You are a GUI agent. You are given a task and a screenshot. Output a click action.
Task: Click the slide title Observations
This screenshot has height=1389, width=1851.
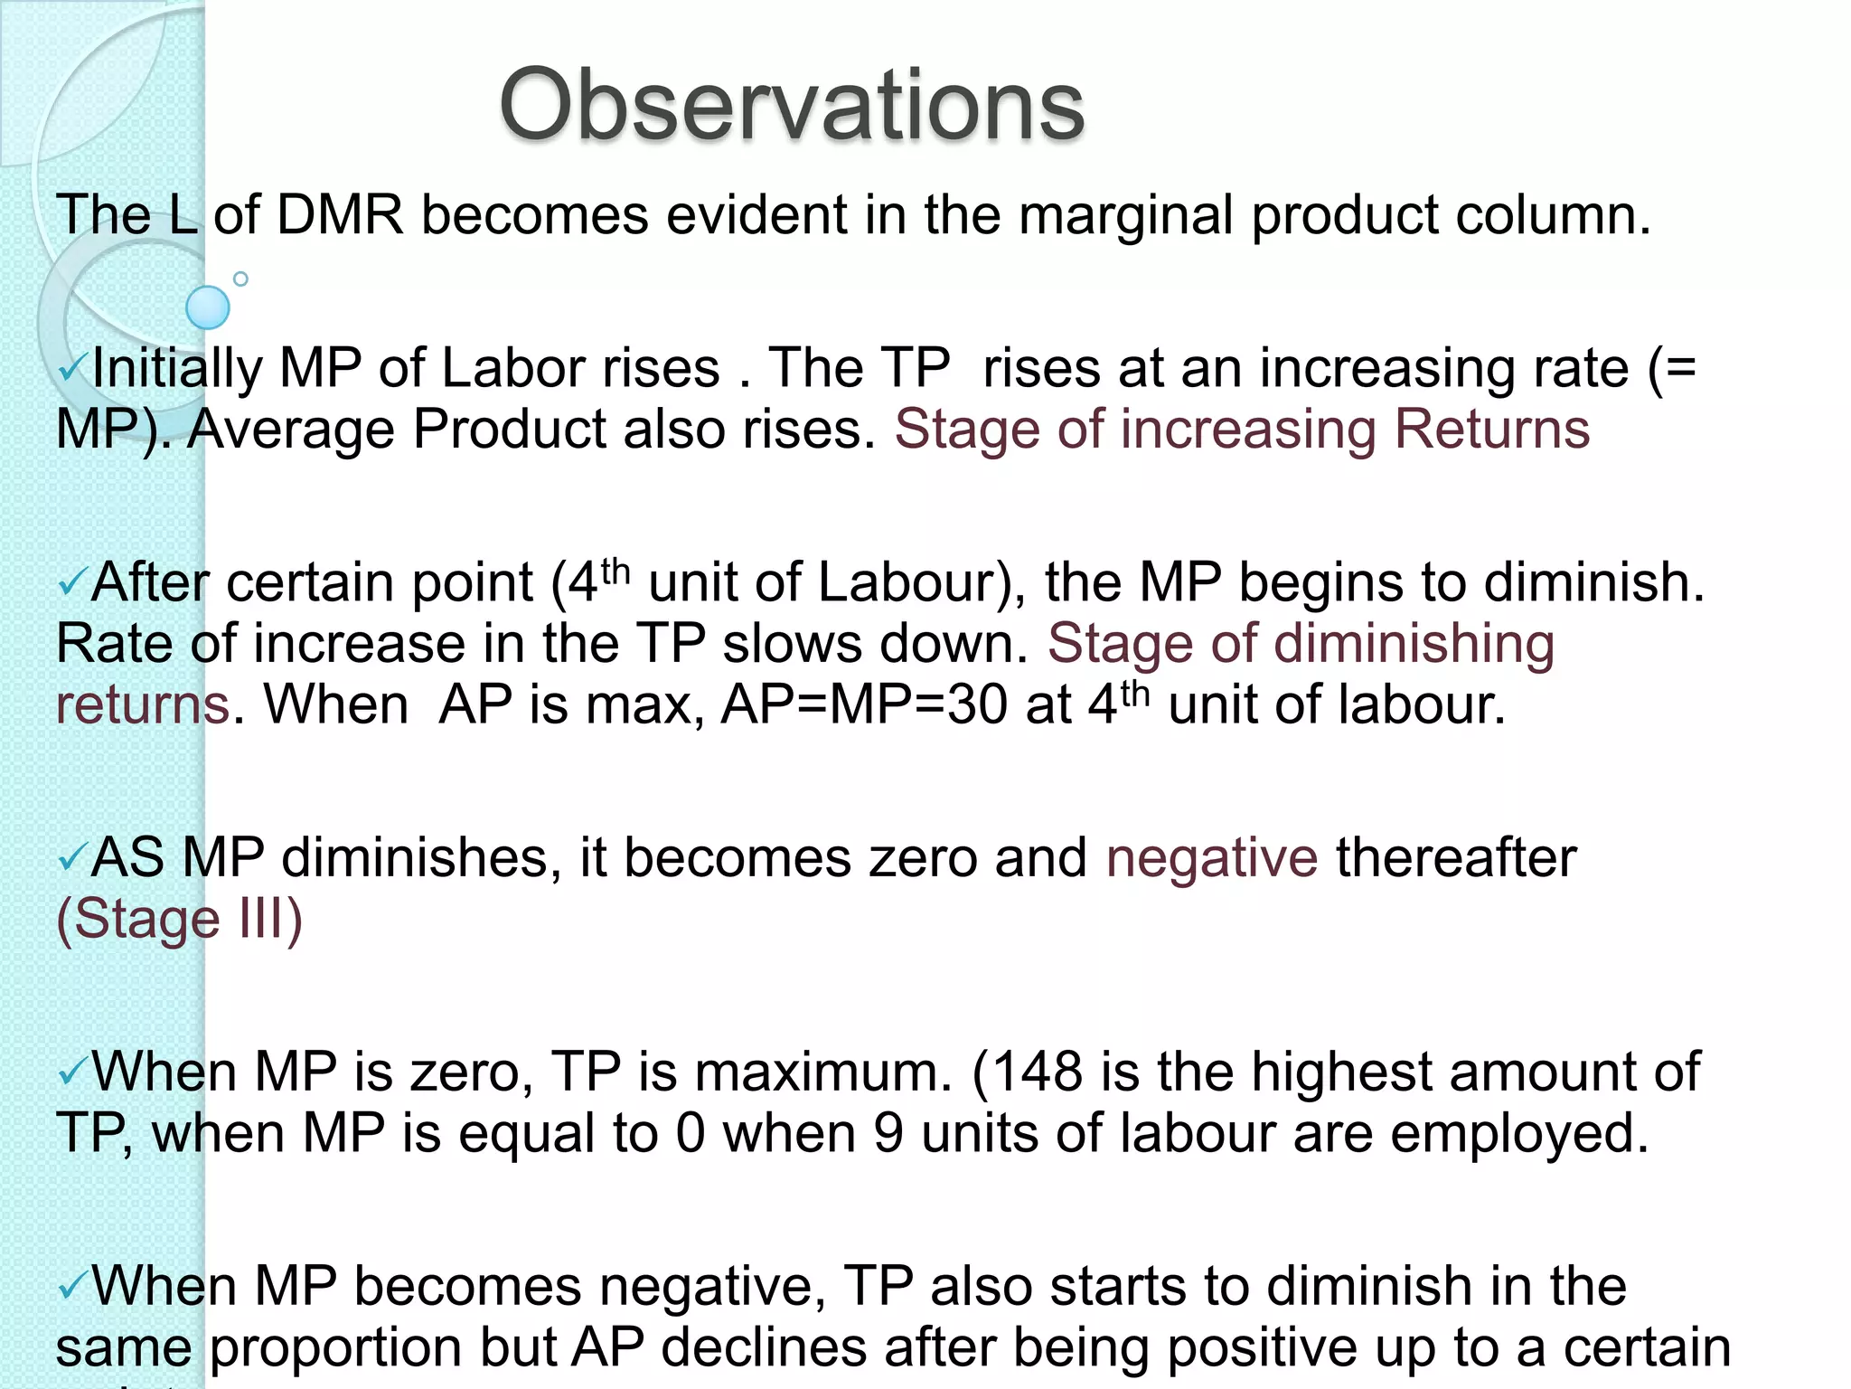[791, 106]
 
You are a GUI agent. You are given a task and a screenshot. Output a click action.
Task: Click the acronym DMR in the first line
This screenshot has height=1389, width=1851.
[339, 215]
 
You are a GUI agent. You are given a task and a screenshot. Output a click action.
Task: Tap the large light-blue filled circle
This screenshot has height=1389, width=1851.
[208, 307]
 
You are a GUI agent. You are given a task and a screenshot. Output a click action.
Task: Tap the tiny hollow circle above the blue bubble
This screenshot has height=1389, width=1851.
[240, 279]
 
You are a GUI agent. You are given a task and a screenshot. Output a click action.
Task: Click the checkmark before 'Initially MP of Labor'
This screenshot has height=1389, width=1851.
[72, 368]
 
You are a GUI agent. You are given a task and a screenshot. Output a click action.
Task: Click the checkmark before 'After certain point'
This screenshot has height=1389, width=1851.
[72, 583]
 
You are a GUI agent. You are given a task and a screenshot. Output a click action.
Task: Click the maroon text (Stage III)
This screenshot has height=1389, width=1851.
[179, 920]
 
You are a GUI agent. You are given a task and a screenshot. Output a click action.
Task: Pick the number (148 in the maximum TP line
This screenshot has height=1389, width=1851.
[1027, 1072]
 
